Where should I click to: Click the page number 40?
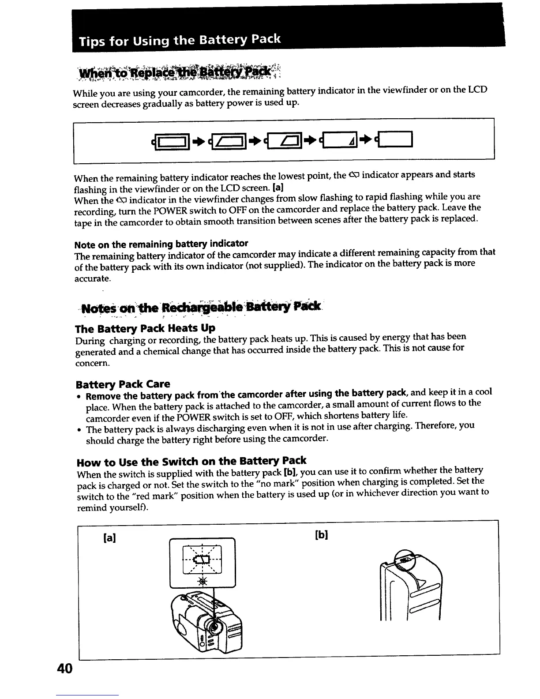[64, 669]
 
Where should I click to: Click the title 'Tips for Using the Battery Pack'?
[180, 41]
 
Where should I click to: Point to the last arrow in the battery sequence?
[367, 139]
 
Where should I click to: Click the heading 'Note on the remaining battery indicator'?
[161, 244]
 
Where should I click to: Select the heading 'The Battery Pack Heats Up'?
[145, 329]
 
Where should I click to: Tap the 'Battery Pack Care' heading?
[123, 383]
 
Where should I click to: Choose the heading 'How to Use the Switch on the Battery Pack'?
[191, 462]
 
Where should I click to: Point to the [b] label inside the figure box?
[322, 535]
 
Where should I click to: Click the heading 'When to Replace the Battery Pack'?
[176, 71]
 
